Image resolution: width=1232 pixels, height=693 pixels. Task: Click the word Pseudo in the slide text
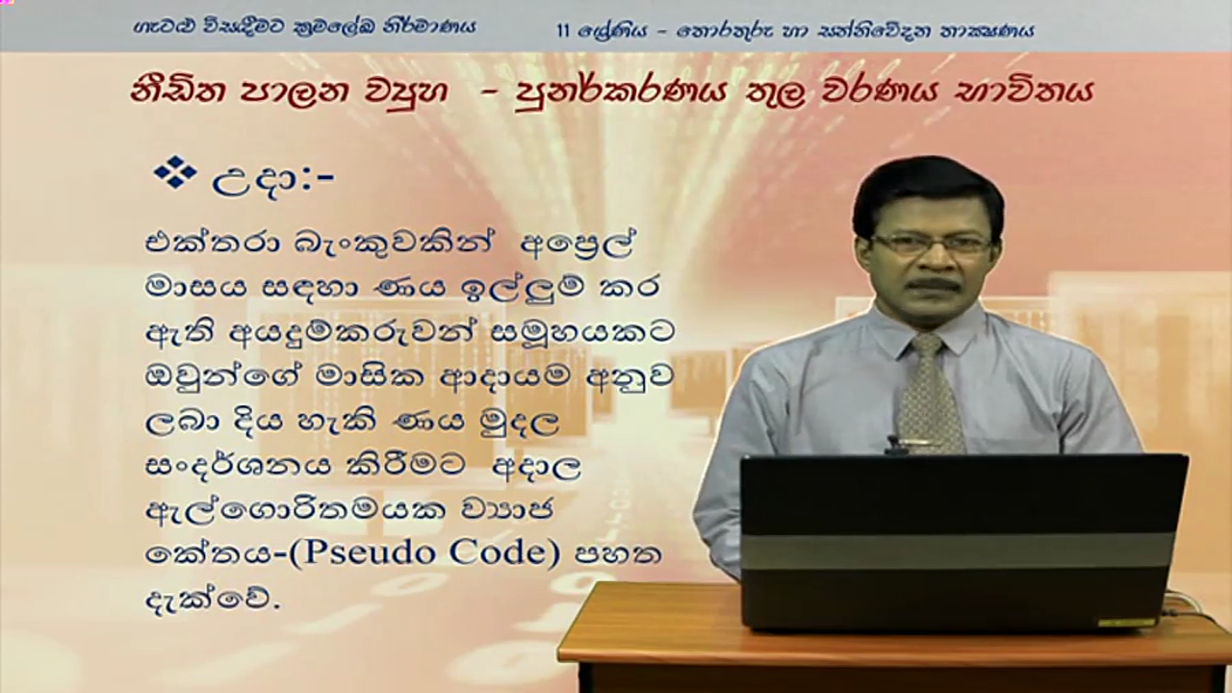pos(367,553)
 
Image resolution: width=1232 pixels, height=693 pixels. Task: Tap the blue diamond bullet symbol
pos(175,172)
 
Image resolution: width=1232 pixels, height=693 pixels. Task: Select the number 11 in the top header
pos(562,31)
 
